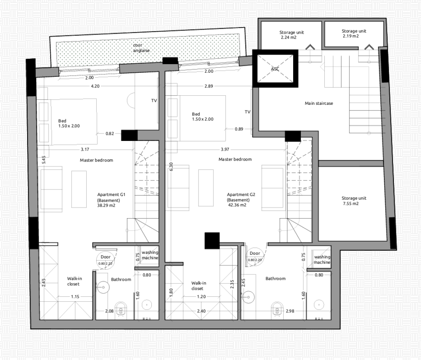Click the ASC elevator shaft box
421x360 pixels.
tap(275, 69)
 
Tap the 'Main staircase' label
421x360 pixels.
tap(319, 103)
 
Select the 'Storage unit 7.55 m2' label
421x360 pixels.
tap(354, 201)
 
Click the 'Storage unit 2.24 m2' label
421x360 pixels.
tap(291, 35)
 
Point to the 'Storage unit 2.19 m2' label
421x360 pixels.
tap(354, 34)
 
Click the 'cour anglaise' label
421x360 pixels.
tap(141, 48)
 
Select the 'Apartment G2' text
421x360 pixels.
tap(241, 195)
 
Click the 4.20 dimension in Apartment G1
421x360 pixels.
tap(95, 86)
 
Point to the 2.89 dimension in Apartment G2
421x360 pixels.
tap(208, 86)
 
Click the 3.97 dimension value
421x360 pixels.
tap(225, 150)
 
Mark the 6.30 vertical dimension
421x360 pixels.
tap(171, 167)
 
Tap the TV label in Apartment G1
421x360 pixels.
tap(154, 101)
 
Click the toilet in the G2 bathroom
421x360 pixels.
tap(277, 309)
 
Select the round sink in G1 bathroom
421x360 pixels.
tap(103, 288)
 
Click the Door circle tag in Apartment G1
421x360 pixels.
tap(106, 259)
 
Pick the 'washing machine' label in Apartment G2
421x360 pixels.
tap(322, 260)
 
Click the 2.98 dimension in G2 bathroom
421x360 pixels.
tap(290, 311)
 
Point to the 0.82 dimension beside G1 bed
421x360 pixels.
tap(109, 134)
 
